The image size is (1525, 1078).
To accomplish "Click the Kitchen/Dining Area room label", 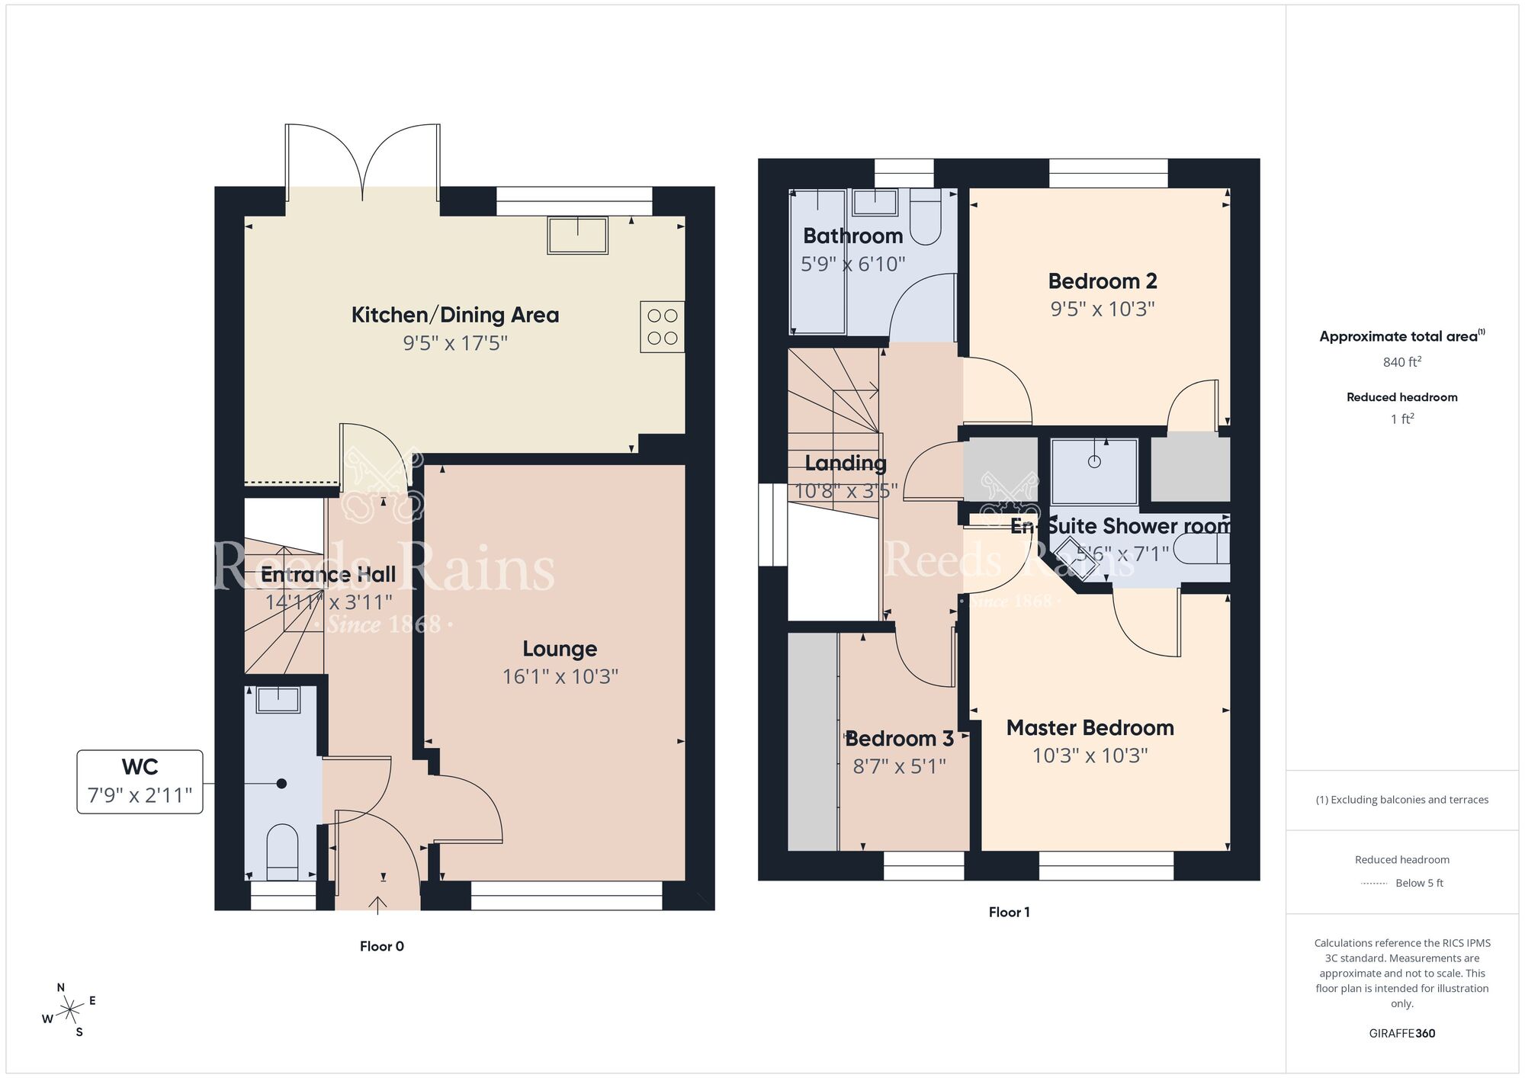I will (454, 315).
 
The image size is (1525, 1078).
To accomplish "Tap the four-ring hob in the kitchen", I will (662, 326).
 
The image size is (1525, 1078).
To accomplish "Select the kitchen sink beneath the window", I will (577, 234).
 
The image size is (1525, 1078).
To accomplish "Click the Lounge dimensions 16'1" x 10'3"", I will (560, 676).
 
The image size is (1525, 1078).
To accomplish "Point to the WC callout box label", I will (140, 767).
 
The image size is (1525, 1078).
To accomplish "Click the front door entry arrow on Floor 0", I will (377, 904).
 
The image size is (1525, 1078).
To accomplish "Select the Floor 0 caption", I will (381, 946).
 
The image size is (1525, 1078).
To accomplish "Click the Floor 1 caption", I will (1009, 912).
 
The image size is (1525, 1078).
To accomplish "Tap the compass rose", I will (69, 1011).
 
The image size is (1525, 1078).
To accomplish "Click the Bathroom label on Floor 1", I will (852, 236).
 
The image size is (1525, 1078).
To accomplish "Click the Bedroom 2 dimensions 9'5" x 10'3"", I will (1102, 309).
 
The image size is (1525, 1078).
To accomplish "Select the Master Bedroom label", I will (1090, 728).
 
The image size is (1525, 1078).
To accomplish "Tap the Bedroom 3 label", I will (899, 739).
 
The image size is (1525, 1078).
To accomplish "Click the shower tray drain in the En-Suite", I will (1094, 461).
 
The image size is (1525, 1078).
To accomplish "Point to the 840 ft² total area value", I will (1401, 362).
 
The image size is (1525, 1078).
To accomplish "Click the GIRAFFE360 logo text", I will (1401, 1034).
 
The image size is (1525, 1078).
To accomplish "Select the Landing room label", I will (845, 464).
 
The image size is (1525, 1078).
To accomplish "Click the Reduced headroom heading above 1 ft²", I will (1401, 397).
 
